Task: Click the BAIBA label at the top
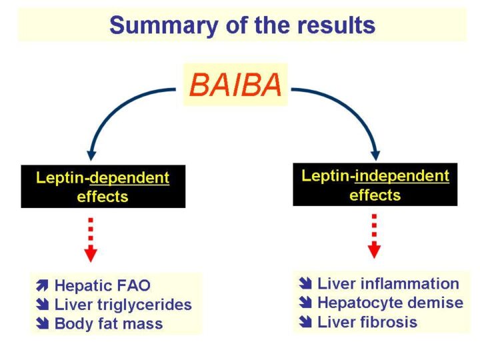(235, 85)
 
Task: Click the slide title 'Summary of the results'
(242, 25)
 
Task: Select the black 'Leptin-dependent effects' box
(103, 187)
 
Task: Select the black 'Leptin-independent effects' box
(375, 185)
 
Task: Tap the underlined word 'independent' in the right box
(402, 176)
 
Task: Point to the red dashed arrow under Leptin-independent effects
(375, 236)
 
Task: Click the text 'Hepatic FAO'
(102, 286)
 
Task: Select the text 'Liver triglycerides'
(123, 305)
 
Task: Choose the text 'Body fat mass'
(108, 324)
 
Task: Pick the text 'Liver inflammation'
(388, 284)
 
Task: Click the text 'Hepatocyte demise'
(390, 303)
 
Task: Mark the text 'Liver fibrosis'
(367, 322)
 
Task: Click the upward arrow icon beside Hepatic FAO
(43, 287)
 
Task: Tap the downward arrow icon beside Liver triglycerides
(43, 305)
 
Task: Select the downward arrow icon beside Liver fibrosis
(307, 323)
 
